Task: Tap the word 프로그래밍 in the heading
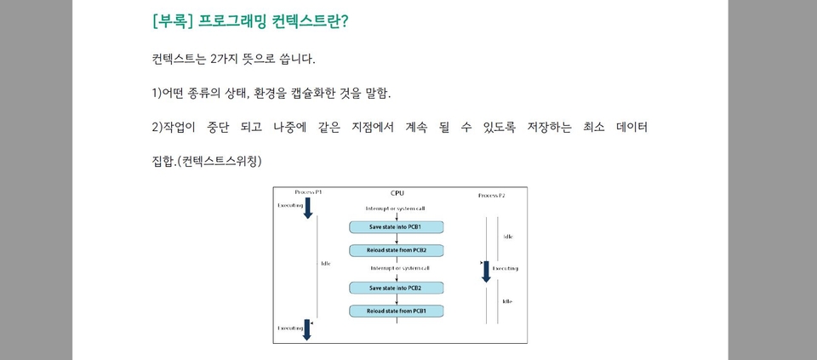[x=232, y=21]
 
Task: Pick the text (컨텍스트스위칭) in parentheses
[x=219, y=161]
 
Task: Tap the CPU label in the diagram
[x=397, y=193]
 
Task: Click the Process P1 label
[x=308, y=192]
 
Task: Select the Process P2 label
[x=491, y=196]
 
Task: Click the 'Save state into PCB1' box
[x=396, y=227]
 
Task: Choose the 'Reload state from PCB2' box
[x=396, y=250]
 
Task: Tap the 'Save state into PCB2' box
[x=396, y=288]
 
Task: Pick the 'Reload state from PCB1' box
[x=396, y=311]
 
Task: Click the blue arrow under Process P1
[x=307, y=208]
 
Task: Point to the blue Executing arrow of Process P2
[x=486, y=271]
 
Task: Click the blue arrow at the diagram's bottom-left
[x=307, y=330]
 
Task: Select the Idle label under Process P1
[x=325, y=263]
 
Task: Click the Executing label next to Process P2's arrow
[x=506, y=268]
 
